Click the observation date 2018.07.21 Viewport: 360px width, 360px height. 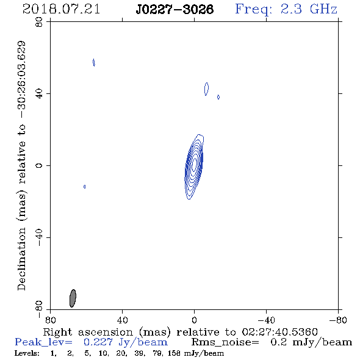tap(61, 9)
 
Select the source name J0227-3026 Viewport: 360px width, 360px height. tap(175, 9)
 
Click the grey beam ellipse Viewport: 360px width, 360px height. tap(73, 298)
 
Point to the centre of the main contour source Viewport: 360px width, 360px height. tap(194, 165)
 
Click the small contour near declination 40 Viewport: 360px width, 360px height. tap(206, 89)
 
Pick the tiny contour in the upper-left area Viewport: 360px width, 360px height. tap(94, 62)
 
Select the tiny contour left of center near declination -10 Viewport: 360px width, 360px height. tap(84, 187)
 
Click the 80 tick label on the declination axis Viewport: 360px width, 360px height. tap(39, 22)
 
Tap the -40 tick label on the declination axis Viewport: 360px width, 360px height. tap(39, 237)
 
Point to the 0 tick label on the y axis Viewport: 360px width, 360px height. tap(39, 165)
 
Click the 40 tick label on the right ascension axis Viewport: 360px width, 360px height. tap(122, 320)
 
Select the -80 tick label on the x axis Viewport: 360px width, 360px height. tap(338, 320)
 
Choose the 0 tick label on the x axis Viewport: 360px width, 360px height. tap(194, 320)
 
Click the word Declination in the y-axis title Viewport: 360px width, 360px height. tap(21, 259)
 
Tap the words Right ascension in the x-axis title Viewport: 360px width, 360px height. tap(88, 332)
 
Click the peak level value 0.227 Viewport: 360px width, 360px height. tap(98, 342)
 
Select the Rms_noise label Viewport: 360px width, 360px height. tap(225, 342)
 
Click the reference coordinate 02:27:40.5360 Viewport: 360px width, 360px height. tap(279, 332)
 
